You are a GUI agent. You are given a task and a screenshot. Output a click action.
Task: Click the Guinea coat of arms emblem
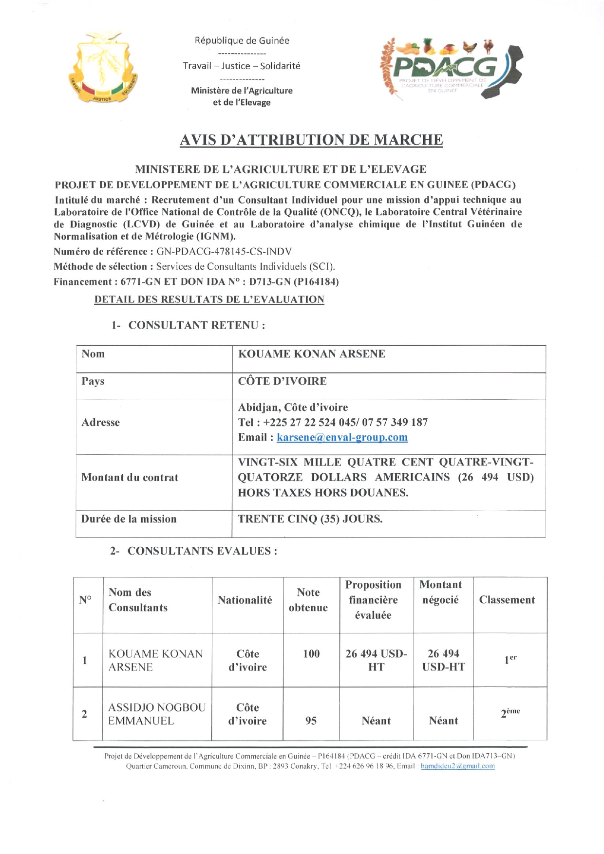pyautogui.click(x=103, y=68)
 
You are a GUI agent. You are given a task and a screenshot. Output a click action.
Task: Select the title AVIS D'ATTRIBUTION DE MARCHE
pyautogui.click(x=311, y=140)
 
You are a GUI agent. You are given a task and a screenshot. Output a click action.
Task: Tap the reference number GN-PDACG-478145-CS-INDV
pyautogui.click(x=224, y=252)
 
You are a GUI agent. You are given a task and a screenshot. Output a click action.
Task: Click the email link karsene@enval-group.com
pyautogui.click(x=342, y=437)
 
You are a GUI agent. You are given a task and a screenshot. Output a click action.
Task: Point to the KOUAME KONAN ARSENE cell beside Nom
pyautogui.click(x=312, y=354)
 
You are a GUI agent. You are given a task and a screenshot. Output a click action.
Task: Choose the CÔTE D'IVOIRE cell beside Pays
pyautogui.click(x=282, y=381)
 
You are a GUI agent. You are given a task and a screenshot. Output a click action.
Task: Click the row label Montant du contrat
pyautogui.click(x=130, y=478)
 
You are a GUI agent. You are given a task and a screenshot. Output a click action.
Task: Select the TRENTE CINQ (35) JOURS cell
pyautogui.click(x=310, y=519)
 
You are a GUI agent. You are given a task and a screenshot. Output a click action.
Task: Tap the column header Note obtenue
pyautogui.click(x=308, y=600)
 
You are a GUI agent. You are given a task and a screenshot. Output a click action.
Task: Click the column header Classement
pyautogui.click(x=507, y=600)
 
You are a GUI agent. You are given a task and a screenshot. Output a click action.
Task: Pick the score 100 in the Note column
pyautogui.click(x=311, y=654)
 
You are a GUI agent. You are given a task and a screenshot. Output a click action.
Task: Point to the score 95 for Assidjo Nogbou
pyautogui.click(x=311, y=721)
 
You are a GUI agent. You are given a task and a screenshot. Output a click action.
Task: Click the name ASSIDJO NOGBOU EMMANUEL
pyautogui.click(x=156, y=714)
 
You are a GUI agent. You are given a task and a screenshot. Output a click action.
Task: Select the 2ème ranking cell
pyautogui.click(x=510, y=713)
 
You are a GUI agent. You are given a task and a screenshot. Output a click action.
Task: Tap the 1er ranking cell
pyautogui.click(x=510, y=660)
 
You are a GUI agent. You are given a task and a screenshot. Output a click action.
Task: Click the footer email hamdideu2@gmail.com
pyautogui.click(x=457, y=766)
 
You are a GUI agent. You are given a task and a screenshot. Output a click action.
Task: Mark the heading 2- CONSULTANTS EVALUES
pyautogui.click(x=193, y=551)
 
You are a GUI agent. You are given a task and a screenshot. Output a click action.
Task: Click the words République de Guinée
pyautogui.click(x=242, y=41)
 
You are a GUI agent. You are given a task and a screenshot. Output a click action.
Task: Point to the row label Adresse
pyautogui.click(x=100, y=423)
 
